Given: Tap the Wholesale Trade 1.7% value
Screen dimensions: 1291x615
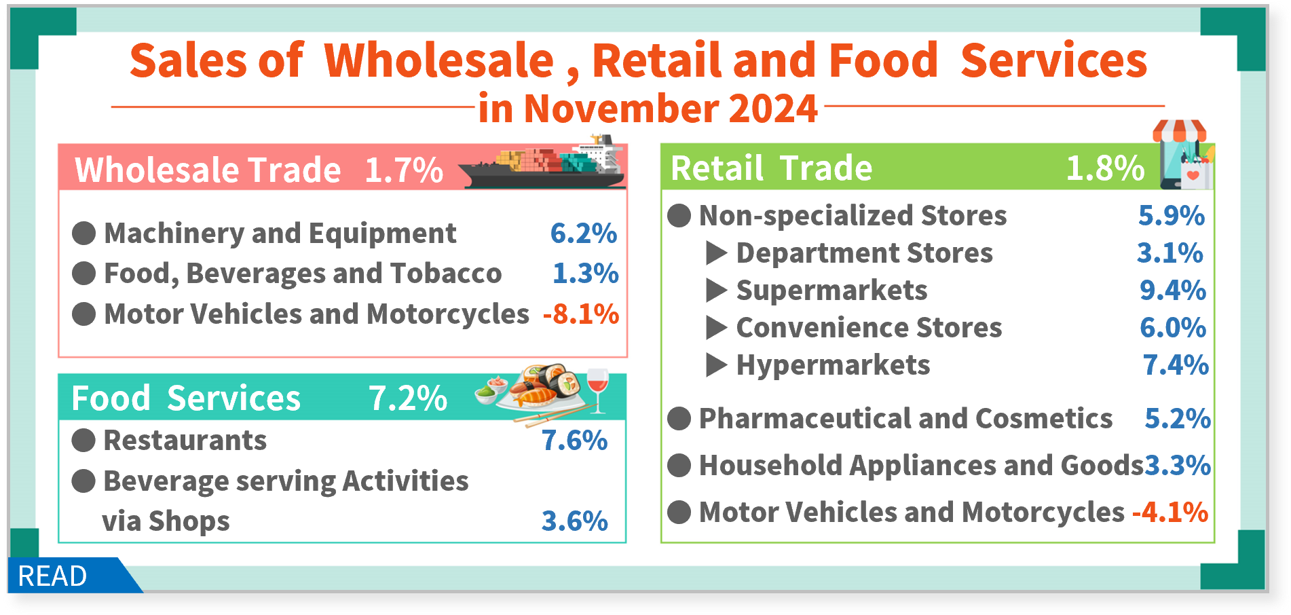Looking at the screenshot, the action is point(404,170).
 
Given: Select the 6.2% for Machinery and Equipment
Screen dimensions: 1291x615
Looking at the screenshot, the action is point(583,234).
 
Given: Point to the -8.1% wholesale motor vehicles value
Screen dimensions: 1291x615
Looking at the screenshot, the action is point(581,314).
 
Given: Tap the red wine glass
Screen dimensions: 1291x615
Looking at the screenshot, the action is point(597,390).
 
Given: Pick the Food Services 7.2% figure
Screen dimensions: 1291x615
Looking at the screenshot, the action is point(408,398).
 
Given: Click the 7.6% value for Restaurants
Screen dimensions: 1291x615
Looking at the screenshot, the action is point(574,441).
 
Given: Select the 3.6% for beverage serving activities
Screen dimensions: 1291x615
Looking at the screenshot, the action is point(574,521).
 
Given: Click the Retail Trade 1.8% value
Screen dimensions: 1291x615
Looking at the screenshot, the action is point(1105,168).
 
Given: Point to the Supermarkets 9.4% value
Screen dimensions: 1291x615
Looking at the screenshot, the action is point(1173,291).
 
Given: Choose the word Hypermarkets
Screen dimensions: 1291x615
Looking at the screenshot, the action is point(833,365).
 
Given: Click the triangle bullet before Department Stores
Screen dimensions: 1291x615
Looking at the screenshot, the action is point(716,253).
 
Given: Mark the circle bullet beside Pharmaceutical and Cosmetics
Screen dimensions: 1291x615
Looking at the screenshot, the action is point(679,419).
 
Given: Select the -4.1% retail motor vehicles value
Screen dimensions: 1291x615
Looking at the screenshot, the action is point(1170,512).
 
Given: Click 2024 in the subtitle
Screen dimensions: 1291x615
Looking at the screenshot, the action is point(772,109).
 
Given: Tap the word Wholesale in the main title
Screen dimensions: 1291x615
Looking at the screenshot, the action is point(438,61).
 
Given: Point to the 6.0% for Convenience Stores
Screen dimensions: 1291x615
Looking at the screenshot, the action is point(1173,328).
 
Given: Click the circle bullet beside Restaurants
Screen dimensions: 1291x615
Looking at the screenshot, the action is point(83,441).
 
